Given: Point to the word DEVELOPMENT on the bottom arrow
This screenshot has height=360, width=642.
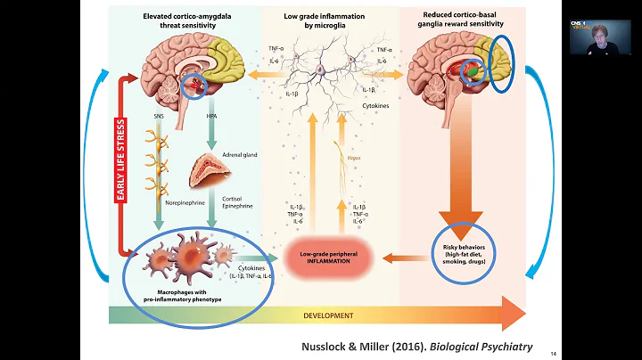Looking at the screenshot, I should [x=329, y=315].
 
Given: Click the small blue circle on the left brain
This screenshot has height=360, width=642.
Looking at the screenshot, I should [x=192, y=87].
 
